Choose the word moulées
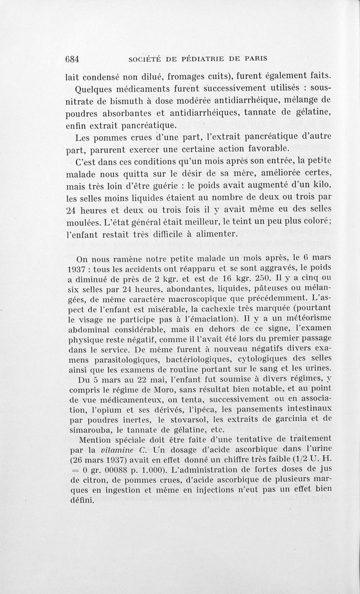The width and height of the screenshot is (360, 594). [83, 222]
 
